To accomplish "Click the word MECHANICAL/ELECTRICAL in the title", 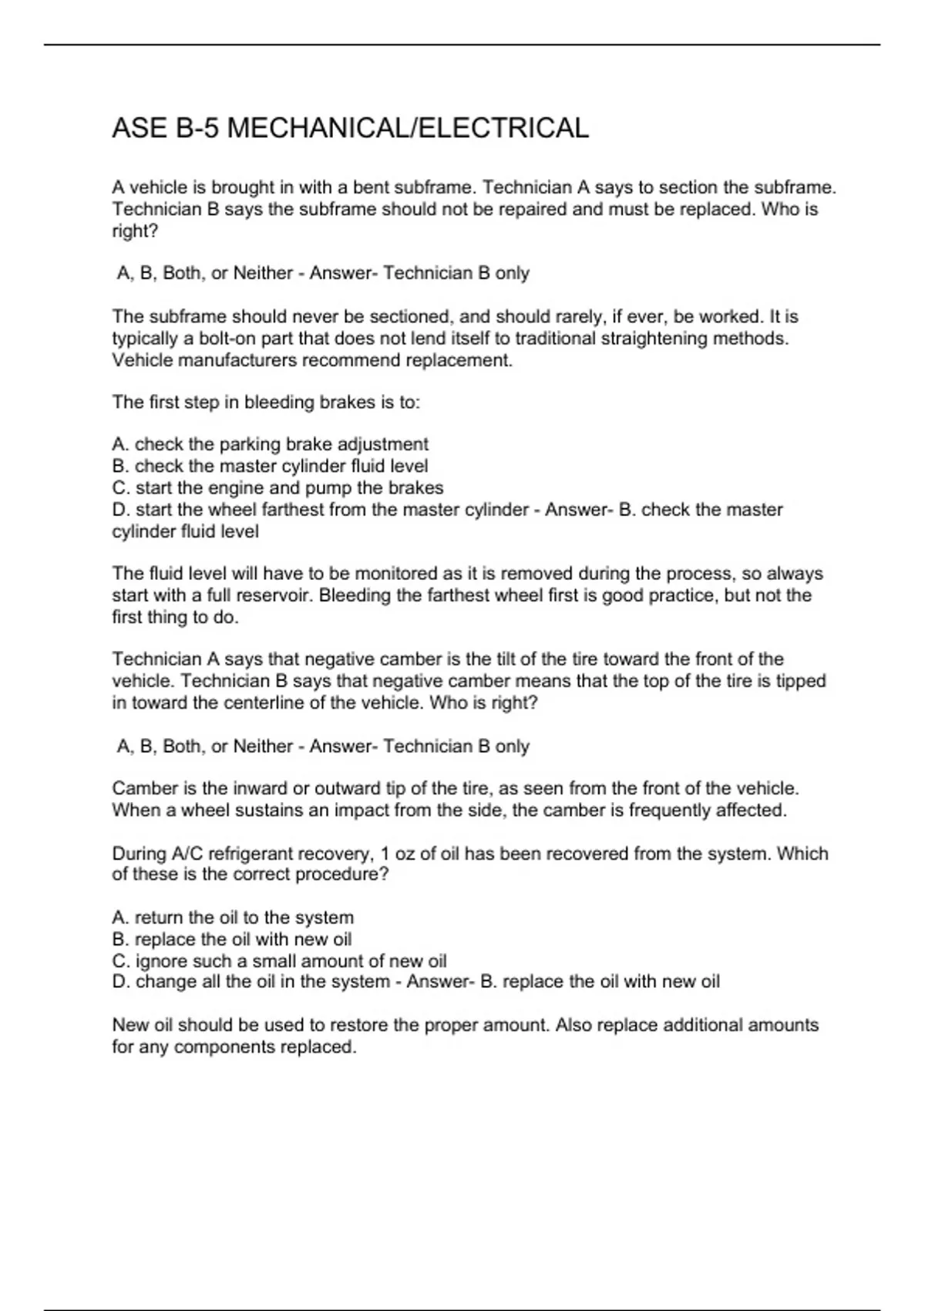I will point(408,128).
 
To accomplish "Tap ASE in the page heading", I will point(140,128).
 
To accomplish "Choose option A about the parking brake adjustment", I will point(270,444).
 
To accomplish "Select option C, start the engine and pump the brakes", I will point(277,488).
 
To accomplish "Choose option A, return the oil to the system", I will point(233,918).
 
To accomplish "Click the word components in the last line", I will point(224,1047).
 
